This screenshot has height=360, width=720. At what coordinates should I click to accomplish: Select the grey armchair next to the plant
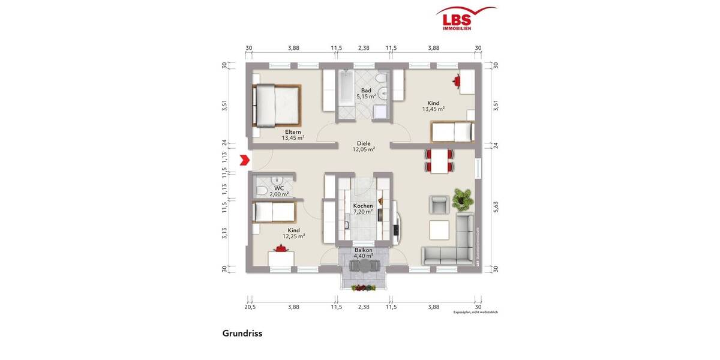coord(439,205)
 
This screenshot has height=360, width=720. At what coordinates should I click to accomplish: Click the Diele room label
coord(363,143)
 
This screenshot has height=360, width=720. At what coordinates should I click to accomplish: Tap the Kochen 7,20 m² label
coord(363,209)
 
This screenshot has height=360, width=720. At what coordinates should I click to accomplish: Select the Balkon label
coord(363,250)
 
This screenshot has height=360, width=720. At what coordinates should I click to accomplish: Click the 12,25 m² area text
coord(293,236)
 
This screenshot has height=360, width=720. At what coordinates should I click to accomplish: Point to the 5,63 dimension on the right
coord(495,207)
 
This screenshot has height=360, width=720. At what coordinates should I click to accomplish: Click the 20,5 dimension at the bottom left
coord(250,307)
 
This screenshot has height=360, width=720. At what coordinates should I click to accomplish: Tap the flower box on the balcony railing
coord(363,288)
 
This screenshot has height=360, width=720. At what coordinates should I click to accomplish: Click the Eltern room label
coord(293,132)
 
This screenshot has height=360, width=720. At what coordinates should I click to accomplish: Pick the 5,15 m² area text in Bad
coord(366,96)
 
